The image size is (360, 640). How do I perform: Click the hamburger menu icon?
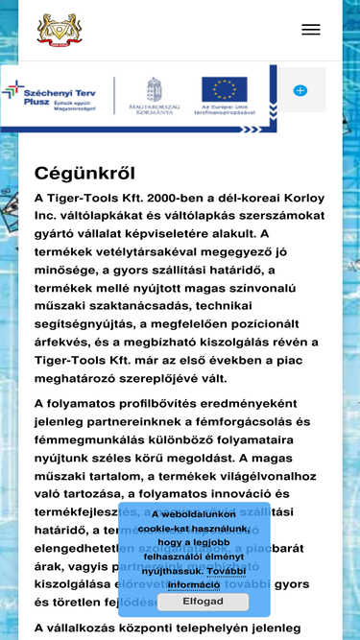310,30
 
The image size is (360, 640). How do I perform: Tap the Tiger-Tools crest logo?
60,30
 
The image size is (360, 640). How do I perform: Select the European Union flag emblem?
224,89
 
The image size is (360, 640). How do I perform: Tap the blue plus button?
300,90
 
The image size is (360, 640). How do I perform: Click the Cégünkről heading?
84,174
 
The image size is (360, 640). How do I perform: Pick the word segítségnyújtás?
93,323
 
